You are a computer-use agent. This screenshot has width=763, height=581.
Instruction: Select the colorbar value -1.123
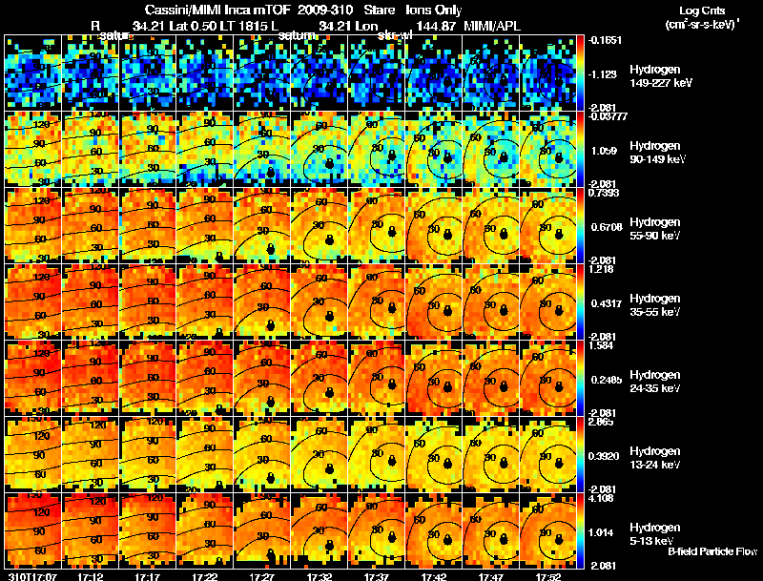(x=606, y=73)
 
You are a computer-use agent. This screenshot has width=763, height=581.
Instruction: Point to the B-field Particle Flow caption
(x=711, y=551)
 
